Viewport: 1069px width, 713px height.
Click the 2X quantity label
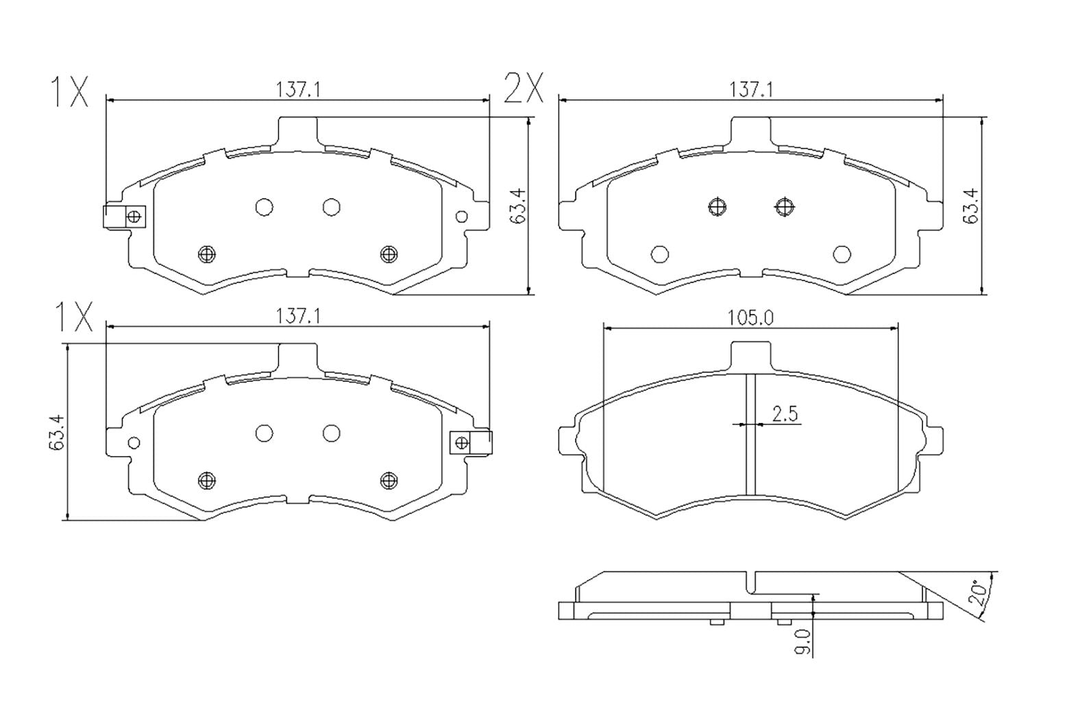pyautogui.click(x=524, y=89)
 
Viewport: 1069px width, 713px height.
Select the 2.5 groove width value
pyautogui.click(x=785, y=413)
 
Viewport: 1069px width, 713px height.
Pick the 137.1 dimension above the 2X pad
pyautogui.click(x=751, y=89)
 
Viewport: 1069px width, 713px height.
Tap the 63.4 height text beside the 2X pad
pyautogui.click(x=970, y=206)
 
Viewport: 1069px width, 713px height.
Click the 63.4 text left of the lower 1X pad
pyautogui.click(x=56, y=433)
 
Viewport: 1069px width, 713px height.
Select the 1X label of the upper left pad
pyautogui.click(x=69, y=93)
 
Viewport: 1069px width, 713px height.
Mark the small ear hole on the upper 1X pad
pyautogui.click(x=462, y=217)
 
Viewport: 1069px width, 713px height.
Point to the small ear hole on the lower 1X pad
pyautogui.click(x=134, y=442)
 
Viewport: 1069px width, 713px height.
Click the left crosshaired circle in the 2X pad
pyautogui.click(x=717, y=206)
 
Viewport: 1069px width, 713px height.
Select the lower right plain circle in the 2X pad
pyautogui.click(x=841, y=254)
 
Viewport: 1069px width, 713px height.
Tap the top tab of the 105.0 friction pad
pyautogui.click(x=750, y=355)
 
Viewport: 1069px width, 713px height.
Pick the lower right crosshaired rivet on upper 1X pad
pyautogui.click(x=389, y=254)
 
